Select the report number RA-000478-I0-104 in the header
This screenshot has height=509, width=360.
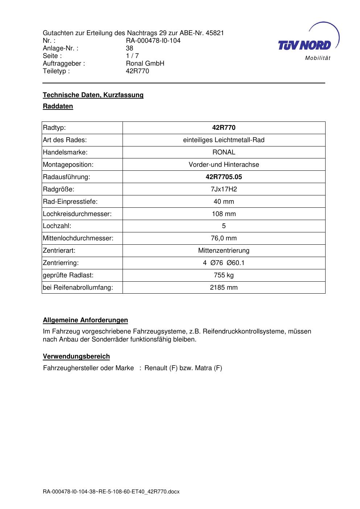click(x=153, y=41)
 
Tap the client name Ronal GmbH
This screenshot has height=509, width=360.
click(x=145, y=63)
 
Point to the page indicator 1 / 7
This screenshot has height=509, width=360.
click(x=132, y=56)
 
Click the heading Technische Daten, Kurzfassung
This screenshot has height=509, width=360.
click(x=93, y=95)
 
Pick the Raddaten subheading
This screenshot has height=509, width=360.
click(x=58, y=107)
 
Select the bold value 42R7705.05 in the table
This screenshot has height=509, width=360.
click(x=224, y=177)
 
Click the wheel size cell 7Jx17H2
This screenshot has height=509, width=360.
click(x=224, y=189)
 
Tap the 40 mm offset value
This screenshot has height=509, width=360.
click(x=224, y=202)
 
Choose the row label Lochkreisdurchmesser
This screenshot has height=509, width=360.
click(x=77, y=214)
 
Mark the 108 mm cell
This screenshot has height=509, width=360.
click(x=224, y=214)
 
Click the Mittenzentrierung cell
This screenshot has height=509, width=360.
click(x=224, y=251)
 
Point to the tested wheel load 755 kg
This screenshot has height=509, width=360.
click(x=224, y=275)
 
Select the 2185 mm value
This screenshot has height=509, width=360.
click(x=224, y=287)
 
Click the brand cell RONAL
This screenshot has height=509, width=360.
click(x=224, y=152)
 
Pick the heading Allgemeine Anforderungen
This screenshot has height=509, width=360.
click(x=86, y=320)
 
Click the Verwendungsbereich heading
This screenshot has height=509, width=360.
click(x=76, y=356)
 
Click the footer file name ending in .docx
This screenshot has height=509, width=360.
click(x=111, y=492)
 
